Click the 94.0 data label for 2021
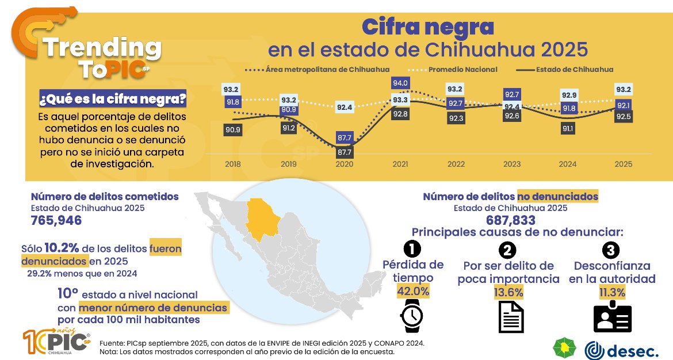(400, 83)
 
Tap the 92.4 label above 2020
(345, 106)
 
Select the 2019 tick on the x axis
(289, 164)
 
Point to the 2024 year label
(567, 164)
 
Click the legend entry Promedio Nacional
(462, 70)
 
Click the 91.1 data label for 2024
(567, 129)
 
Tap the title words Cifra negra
(427, 26)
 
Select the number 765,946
(56, 221)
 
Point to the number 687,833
(511, 220)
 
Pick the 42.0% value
(413, 291)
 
